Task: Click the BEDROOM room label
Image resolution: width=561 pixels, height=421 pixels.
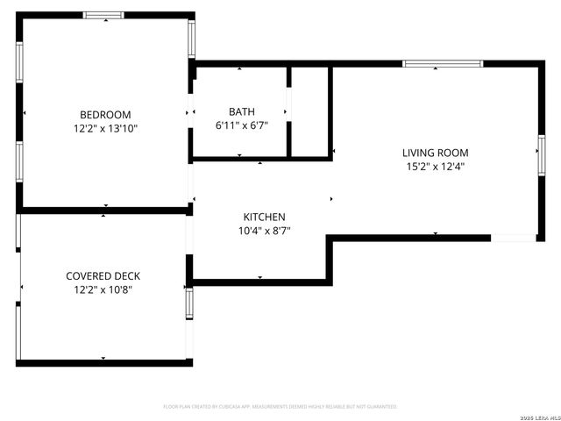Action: pyautogui.click(x=105, y=114)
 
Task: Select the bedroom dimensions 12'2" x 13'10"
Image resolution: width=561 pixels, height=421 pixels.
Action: pyautogui.click(x=105, y=128)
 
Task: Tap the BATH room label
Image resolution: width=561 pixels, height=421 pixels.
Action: pyautogui.click(x=242, y=111)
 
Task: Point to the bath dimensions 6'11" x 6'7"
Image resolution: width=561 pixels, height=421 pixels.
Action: pyautogui.click(x=242, y=125)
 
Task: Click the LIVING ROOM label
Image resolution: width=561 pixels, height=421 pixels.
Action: pyautogui.click(x=436, y=152)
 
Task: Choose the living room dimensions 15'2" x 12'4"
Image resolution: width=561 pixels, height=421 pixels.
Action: pyautogui.click(x=436, y=166)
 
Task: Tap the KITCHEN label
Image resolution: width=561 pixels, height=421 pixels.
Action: pyautogui.click(x=264, y=217)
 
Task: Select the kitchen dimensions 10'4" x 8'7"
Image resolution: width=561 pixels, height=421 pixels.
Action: pyautogui.click(x=264, y=231)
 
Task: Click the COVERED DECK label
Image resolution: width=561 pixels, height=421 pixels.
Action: pyautogui.click(x=103, y=275)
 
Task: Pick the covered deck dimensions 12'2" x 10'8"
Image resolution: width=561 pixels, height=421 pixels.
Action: pyautogui.click(x=103, y=289)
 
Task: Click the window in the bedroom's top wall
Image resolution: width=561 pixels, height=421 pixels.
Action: pyautogui.click(x=103, y=15)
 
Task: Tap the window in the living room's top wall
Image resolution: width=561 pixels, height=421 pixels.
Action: pyautogui.click(x=442, y=63)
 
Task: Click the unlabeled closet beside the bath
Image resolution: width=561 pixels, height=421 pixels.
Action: pyautogui.click(x=309, y=111)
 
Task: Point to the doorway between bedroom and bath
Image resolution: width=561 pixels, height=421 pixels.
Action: pyautogui.click(x=190, y=112)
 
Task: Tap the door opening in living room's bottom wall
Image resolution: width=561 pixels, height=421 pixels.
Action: pyautogui.click(x=514, y=237)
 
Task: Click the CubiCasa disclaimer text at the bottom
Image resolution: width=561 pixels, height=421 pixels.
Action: pyautogui.click(x=280, y=407)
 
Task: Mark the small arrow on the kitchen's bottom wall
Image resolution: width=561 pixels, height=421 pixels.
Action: pyautogui.click(x=259, y=278)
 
